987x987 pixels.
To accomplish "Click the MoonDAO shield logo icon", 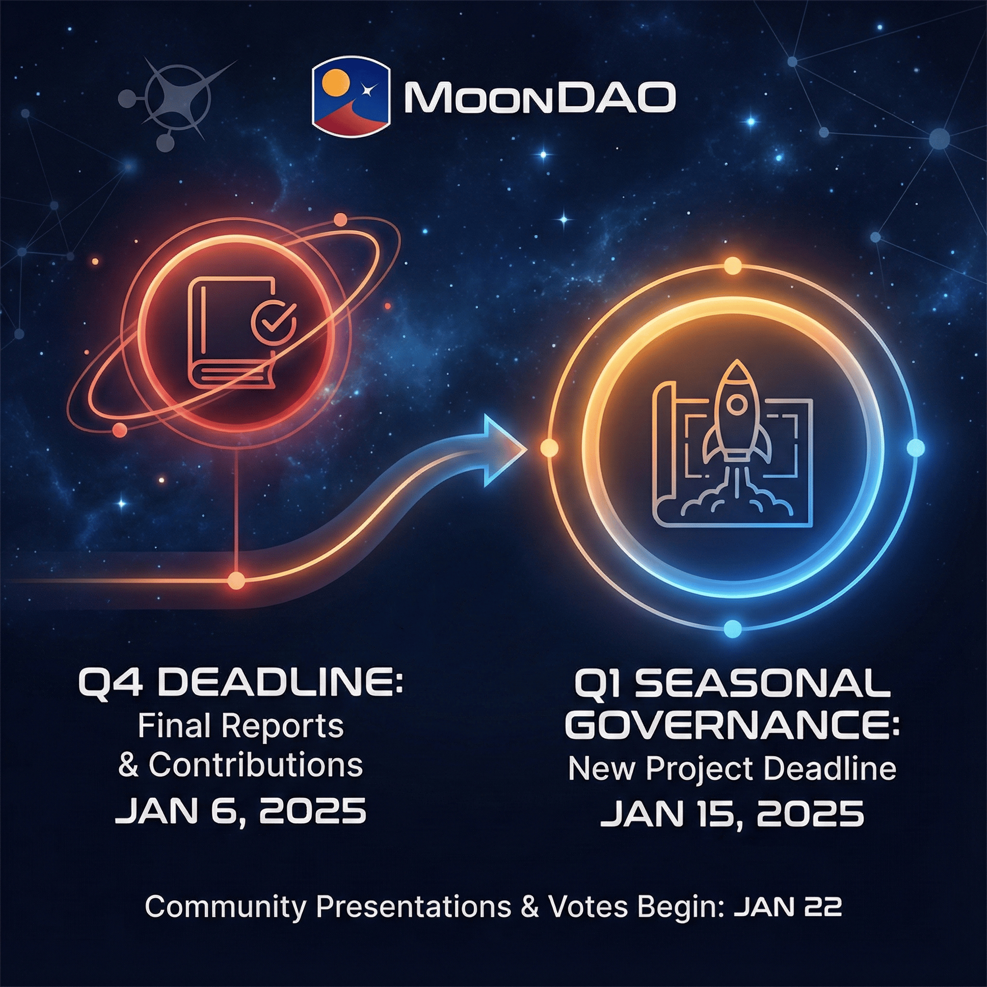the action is click(x=350, y=99).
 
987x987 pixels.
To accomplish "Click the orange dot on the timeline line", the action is click(x=236, y=581).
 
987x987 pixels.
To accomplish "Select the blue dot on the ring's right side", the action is click(x=915, y=448).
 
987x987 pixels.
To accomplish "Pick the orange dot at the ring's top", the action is click(x=733, y=266).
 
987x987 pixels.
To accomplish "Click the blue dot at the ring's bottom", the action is click(x=733, y=627).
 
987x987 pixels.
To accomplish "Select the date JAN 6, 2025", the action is click(x=240, y=811).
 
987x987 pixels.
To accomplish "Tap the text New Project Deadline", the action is click(x=732, y=769).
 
